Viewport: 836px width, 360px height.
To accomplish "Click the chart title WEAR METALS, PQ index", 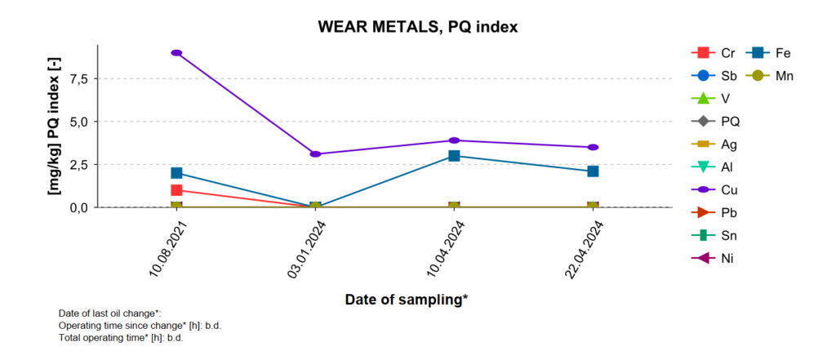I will pyautogui.click(x=418, y=27).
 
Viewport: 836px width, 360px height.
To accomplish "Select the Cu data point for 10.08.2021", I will pyautogui.click(x=176, y=53).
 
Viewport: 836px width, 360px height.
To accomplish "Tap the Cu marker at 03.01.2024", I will pyautogui.click(x=315, y=153).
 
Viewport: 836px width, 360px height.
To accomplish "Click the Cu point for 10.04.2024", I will pyautogui.click(x=454, y=140).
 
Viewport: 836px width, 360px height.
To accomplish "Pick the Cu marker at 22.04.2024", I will pyautogui.click(x=593, y=147).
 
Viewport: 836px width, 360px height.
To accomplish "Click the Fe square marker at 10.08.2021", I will pyautogui.click(x=176, y=173).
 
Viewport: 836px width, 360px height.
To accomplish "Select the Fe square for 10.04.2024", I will pyautogui.click(x=454, y=156).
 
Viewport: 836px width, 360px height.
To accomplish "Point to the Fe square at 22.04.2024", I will pyautogui.click(x=593, y=171).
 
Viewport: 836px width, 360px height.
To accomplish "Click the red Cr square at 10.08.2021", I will pyautogui.click(x=176, y=190).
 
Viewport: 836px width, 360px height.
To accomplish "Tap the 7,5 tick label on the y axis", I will pyautogui.click(x=78, y=78).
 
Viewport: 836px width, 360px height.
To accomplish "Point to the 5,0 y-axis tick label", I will pyautogui.click(x=78, y=122).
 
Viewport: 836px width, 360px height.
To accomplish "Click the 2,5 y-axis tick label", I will pyautogui.click(x=78, y=165).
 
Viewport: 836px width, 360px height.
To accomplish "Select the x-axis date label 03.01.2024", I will pyautogui.click(x=307, y=248).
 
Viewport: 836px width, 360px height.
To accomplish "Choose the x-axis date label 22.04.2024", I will pyautogui.click(x=585, y=248).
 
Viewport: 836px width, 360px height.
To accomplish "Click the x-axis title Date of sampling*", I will pyautogui.click(x=406, y=300).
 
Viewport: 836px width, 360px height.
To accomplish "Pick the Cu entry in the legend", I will pyautogui.click(x=718, y=190).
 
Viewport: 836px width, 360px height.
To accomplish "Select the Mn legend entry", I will pyautogui.click(x=774, y=76).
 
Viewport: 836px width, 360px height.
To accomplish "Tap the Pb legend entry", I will pyautogui.click(x=718, y=213).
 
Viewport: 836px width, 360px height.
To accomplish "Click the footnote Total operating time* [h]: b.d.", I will pyautogui.click(x=121, y=337).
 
